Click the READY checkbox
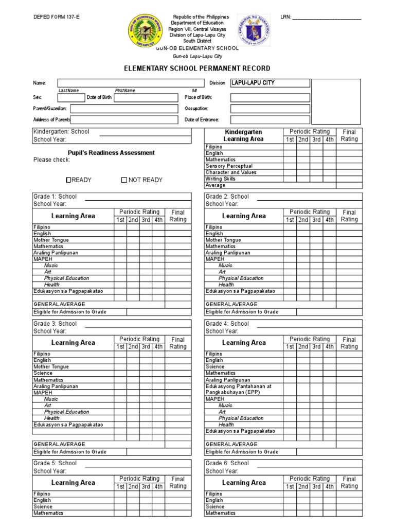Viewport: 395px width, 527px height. (x=68, y=180)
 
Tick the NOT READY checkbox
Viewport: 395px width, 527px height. (x=124, y=180)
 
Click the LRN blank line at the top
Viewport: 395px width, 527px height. (x=327, y=17)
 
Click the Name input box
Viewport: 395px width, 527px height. (x=131, y=83)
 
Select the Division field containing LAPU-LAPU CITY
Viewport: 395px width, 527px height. (x=270, y=83)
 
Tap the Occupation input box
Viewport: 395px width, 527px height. (x=270, y=109)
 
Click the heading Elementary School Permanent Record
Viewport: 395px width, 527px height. (x=197, y=68)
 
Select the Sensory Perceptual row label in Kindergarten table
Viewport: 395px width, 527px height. (x=229, y=166)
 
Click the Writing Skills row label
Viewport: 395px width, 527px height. (x=221, y=179)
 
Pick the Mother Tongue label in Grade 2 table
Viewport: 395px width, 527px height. (x=223, y=240)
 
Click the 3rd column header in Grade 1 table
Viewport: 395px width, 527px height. (x=146, y=220)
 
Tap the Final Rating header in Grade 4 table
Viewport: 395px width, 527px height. (x=349, y=343)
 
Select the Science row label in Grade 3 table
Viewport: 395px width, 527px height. (x=43, y=373)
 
